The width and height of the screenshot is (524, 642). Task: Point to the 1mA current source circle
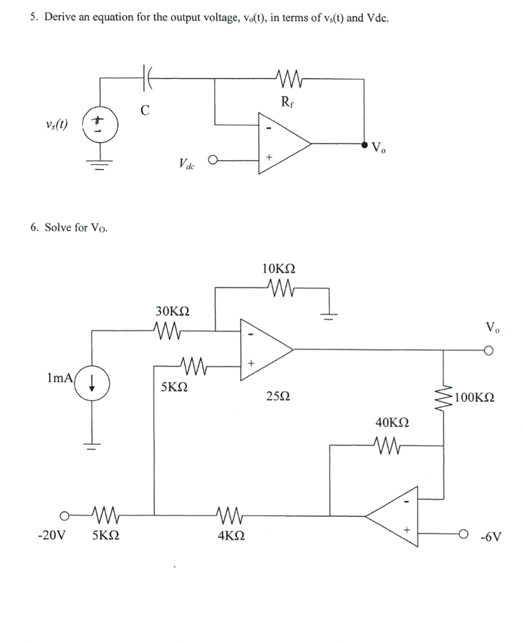(92, 382)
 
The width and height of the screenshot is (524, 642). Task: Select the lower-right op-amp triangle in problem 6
(395, 515)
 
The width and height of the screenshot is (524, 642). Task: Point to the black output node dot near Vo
(364, 143)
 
